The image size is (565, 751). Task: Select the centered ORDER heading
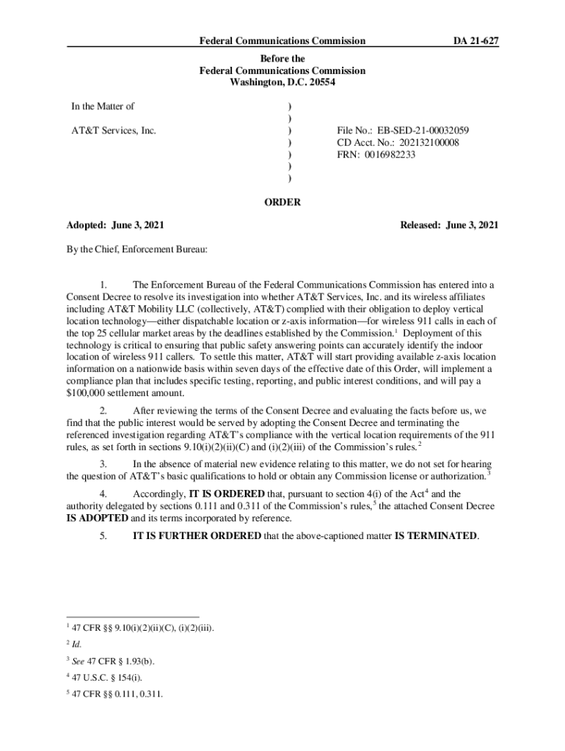(x=282, y=202)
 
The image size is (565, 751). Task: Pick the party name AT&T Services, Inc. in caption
(x=114, y=131)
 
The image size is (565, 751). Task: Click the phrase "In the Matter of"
(x=103, y=106)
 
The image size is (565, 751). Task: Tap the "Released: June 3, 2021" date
(x=449, y=225)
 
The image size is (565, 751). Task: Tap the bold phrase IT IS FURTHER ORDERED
(x=196, y=535)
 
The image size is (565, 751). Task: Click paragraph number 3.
(x=104, y=464)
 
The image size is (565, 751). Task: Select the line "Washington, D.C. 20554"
(x=282, y=82)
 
